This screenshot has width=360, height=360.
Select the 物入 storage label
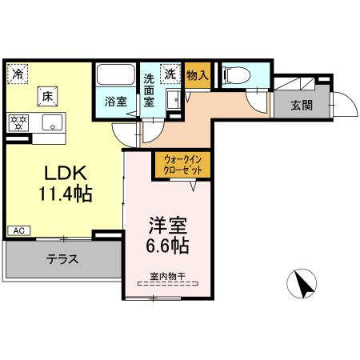(198, 74)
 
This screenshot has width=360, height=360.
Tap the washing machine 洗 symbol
(170, 73)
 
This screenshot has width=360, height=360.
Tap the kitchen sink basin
(53, 124)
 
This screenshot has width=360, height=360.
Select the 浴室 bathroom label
(116, 102)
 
